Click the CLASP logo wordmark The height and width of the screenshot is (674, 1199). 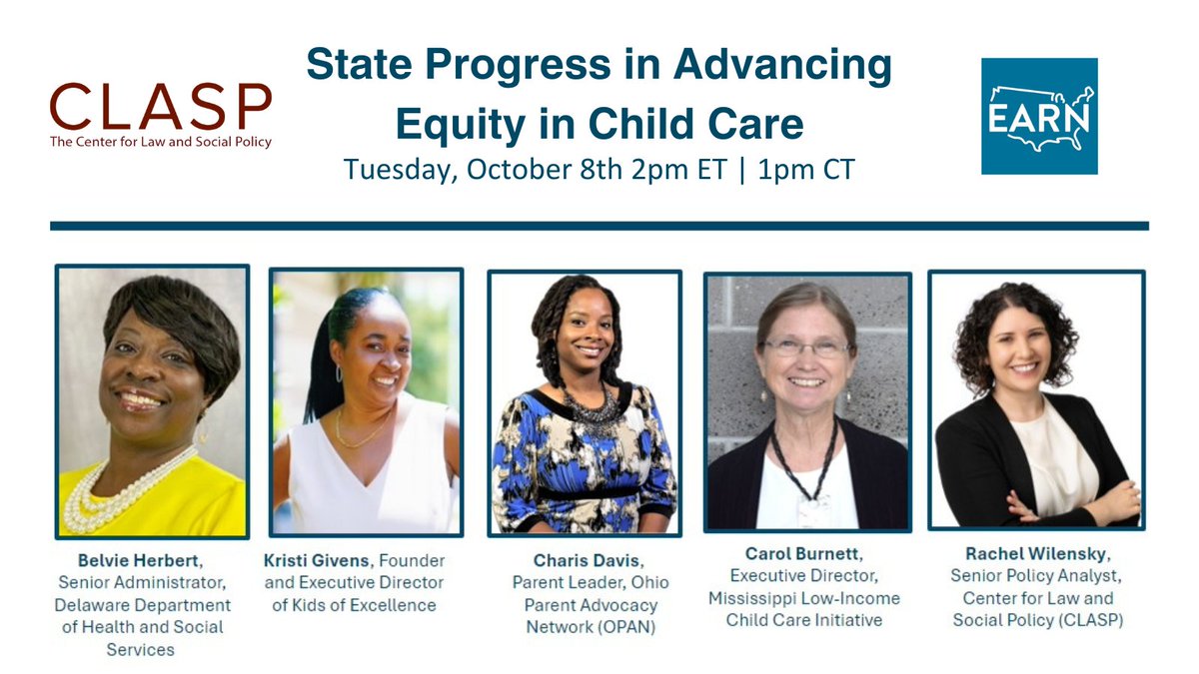tap(160, 108)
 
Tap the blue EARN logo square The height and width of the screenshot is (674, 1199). tap(1039, 116)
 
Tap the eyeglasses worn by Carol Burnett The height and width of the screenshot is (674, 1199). tap(804, 348)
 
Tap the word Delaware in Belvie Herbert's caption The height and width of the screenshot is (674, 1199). tap(100, 605)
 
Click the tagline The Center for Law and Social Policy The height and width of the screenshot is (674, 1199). tap(160, 143)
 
